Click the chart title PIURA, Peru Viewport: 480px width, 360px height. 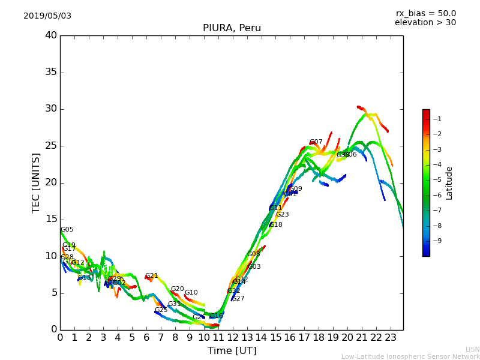click(x=232, y=28)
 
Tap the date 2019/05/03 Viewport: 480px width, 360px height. click(x=47, y=16)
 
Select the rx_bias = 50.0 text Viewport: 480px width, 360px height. click(x=426, y=14)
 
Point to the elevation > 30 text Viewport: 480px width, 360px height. click(x=425, y=23)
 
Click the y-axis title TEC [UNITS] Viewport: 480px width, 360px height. click(x=37, y=182)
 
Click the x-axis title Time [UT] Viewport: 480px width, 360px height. click(x=232, y=350)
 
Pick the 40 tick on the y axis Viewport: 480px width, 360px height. click(x=51, y=35)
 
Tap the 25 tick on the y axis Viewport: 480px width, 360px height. click(x=51, y=146)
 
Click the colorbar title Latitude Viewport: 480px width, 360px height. click(x=449, y=183)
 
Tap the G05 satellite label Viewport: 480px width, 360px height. click(x=67, y=230)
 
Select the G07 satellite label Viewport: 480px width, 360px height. click(x=316, y=142)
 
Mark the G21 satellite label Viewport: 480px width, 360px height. click(x=152, y=276)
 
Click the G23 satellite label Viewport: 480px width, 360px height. click(x=283, y=215)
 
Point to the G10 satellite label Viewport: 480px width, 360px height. click(x=191, y=293)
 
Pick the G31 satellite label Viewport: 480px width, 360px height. click(x=175, y=304)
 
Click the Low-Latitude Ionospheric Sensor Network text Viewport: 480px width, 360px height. click(x=410, y=356)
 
